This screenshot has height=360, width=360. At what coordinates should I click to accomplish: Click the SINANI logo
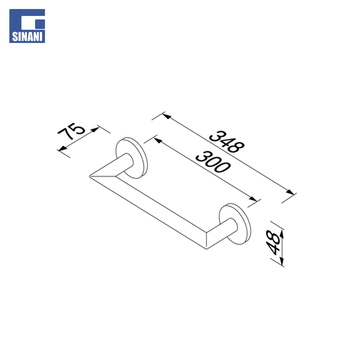27,26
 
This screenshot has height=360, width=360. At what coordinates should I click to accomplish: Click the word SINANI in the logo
27,37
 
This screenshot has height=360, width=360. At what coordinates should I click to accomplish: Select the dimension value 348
227,141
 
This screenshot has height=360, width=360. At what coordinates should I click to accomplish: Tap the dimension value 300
213,161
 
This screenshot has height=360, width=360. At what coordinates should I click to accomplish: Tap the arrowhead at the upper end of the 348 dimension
167,116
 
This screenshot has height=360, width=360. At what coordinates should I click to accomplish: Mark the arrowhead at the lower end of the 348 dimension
290,192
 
